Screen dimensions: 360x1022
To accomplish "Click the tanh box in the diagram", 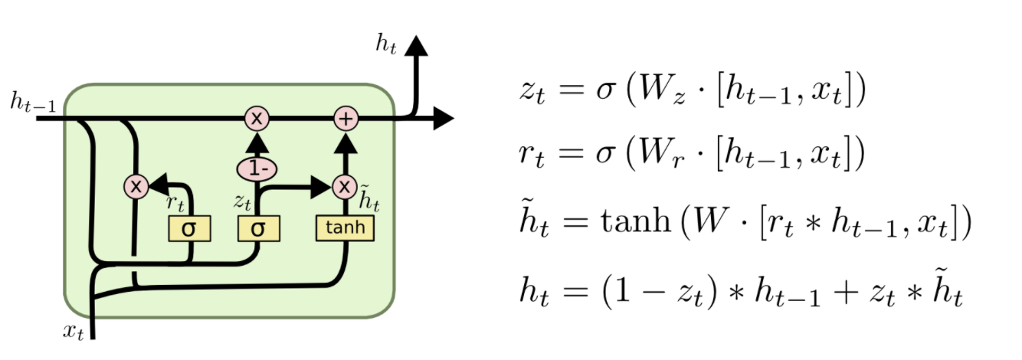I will click(345, 228).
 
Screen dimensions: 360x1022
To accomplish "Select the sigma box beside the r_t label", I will click(189, 228).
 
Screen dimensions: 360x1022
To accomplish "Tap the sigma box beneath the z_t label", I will click(258, 228).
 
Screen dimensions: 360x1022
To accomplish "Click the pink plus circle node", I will click(346, 119).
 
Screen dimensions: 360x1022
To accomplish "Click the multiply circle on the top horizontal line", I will click(257, 119).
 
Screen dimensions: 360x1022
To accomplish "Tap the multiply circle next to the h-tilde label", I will click(345, 186).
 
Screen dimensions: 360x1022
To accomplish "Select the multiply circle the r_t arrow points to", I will click(136, 186).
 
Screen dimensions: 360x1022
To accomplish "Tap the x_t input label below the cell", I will click(73, 331).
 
